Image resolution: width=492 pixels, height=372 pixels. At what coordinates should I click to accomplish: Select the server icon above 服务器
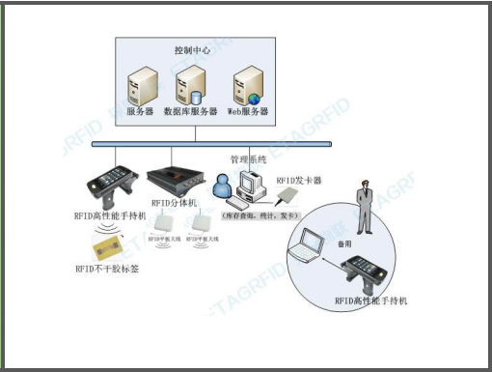pos(140,85)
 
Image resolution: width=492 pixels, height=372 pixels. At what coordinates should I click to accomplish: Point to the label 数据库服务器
pos(190,112)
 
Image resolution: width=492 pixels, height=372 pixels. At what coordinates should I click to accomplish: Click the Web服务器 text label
pos(248,112)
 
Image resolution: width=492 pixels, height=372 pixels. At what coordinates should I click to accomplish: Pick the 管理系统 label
pos(249,157)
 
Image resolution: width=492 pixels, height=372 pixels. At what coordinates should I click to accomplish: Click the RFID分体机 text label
pos(175,203)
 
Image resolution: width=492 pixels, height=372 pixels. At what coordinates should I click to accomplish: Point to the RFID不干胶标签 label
pos(106,268)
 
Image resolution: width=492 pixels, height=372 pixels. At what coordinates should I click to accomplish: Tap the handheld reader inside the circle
pos(366,274)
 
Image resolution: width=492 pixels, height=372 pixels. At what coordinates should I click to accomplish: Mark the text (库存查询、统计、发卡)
pos(261,214)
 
